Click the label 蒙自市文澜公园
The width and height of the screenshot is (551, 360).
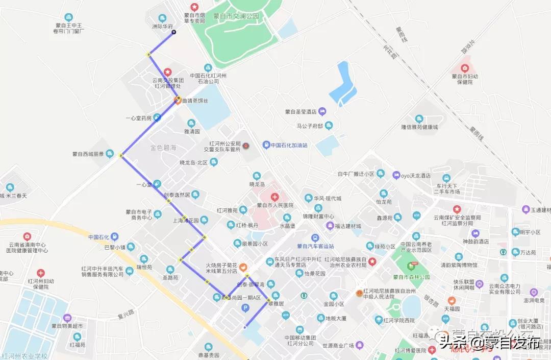click(x=236, y=16)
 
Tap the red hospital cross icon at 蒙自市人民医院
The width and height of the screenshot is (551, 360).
click(x=275, y=197)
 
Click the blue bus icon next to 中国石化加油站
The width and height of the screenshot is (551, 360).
click(x=266, y=145)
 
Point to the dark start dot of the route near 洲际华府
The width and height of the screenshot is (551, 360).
click(x=173, y=32)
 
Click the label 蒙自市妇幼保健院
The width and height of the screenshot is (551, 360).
click(x=465, y=79)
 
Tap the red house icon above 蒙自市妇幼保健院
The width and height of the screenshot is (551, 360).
click(x=465, y=68)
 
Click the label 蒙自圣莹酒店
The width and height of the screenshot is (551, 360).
click(x=301, y=111)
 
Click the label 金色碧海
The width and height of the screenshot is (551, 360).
click(x=163, y=148)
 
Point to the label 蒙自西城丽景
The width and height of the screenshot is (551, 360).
click(x=88, y=154)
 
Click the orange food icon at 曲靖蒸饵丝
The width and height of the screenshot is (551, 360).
click(x=178, y=101)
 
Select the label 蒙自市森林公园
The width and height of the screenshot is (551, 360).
click(x=411, y=277)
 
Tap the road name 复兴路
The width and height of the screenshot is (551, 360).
click(x=126, y=313)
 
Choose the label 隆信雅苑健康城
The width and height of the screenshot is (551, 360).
click(x=419, y=127)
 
